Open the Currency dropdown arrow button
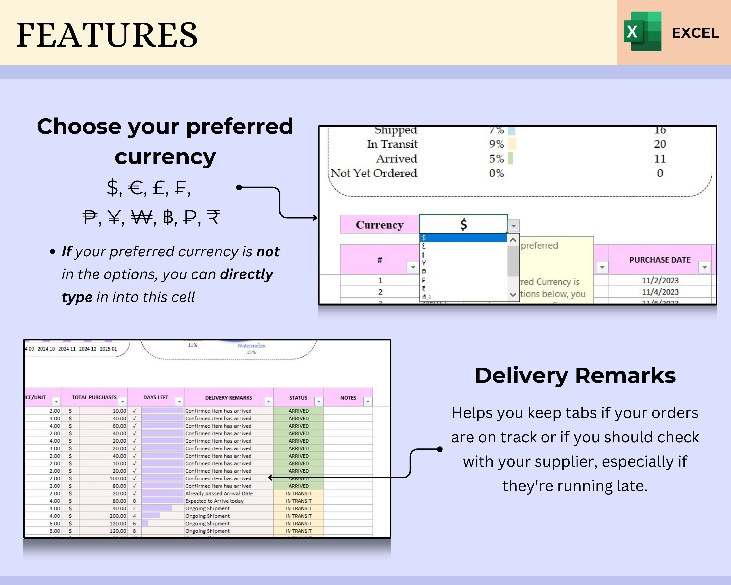pyautogui.click(x=514, y=225)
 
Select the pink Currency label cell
pyautogui.click(x=379, y=224)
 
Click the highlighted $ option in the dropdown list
pyautogui.click(x=463, y=238)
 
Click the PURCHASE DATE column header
pyautogui.click(x=659, y=260)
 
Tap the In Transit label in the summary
pyautogui.click(x=392, y=144)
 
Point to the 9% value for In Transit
pyautogui.click(x=496, y=144)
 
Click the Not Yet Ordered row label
pyautogui.click(x=374, y=173)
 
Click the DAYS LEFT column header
pyautogui.click(x=156, y=397)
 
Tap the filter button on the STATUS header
pyautogui.click(x=319, y=401)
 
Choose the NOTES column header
pyautogui.click(x=348, y=398)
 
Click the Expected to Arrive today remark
pyautogui.click(x=214, y=501)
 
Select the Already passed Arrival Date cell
pyautogui.click(x=219, y=493)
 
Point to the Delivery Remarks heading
pyautogui.click(x=575, y=376)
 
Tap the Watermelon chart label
pyautogui.click(x=251, y=346)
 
